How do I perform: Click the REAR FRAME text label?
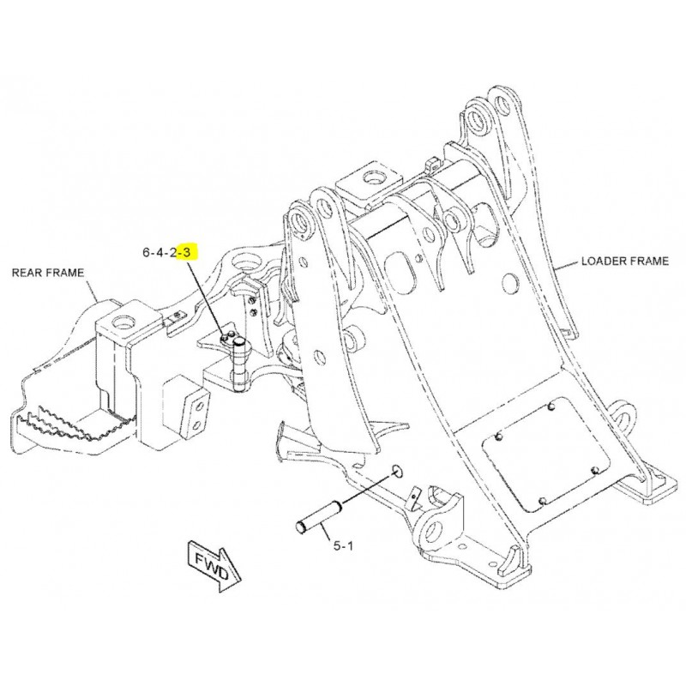pyautogui.click(x=48, y=274)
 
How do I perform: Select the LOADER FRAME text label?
pyautogui.click(x=624, y=261)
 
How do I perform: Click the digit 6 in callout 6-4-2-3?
pyautogui.click(x=147, y=253)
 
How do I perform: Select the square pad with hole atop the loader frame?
pyautogui.click(x=369, y=183)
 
